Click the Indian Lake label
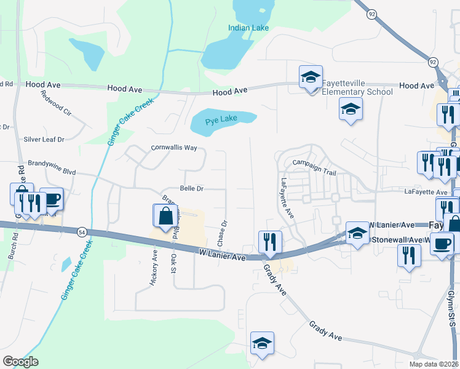248,28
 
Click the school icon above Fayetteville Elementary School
311,77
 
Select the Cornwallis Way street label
175,148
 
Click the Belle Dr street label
192,188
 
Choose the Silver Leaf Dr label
44,140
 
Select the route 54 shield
82,232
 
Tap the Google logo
20,362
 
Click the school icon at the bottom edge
263,344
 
